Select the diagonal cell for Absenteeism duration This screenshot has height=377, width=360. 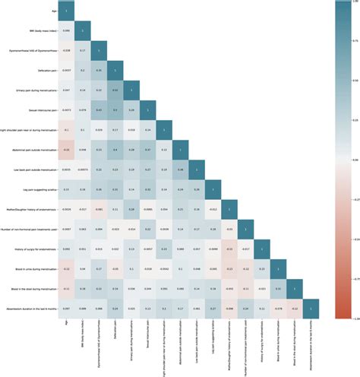coord(314,307)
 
